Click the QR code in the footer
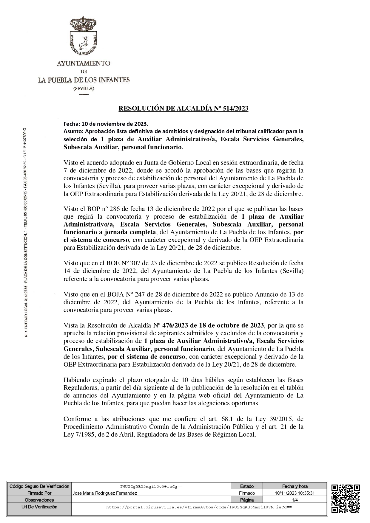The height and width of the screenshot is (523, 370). [346, 500]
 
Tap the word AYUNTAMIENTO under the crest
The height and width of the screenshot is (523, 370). [84, 63]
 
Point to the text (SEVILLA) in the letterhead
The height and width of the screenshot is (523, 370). [84, 89]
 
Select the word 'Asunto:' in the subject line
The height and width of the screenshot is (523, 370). [74, 131]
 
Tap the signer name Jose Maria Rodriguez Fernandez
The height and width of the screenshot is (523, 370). [105, 493]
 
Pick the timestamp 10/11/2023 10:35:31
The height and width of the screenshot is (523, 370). [295, 493]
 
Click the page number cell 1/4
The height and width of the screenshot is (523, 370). [295, 500]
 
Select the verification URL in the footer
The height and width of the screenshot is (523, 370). [199, 507]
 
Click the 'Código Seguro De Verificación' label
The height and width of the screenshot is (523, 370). [39, 486]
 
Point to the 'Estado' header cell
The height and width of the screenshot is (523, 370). [247, 486]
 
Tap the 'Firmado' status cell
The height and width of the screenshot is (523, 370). [247, 493]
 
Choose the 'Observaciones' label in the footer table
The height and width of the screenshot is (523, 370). [39, 500]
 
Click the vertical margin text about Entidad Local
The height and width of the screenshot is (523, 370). [26, 232]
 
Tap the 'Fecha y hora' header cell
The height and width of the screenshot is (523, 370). [295, 486]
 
